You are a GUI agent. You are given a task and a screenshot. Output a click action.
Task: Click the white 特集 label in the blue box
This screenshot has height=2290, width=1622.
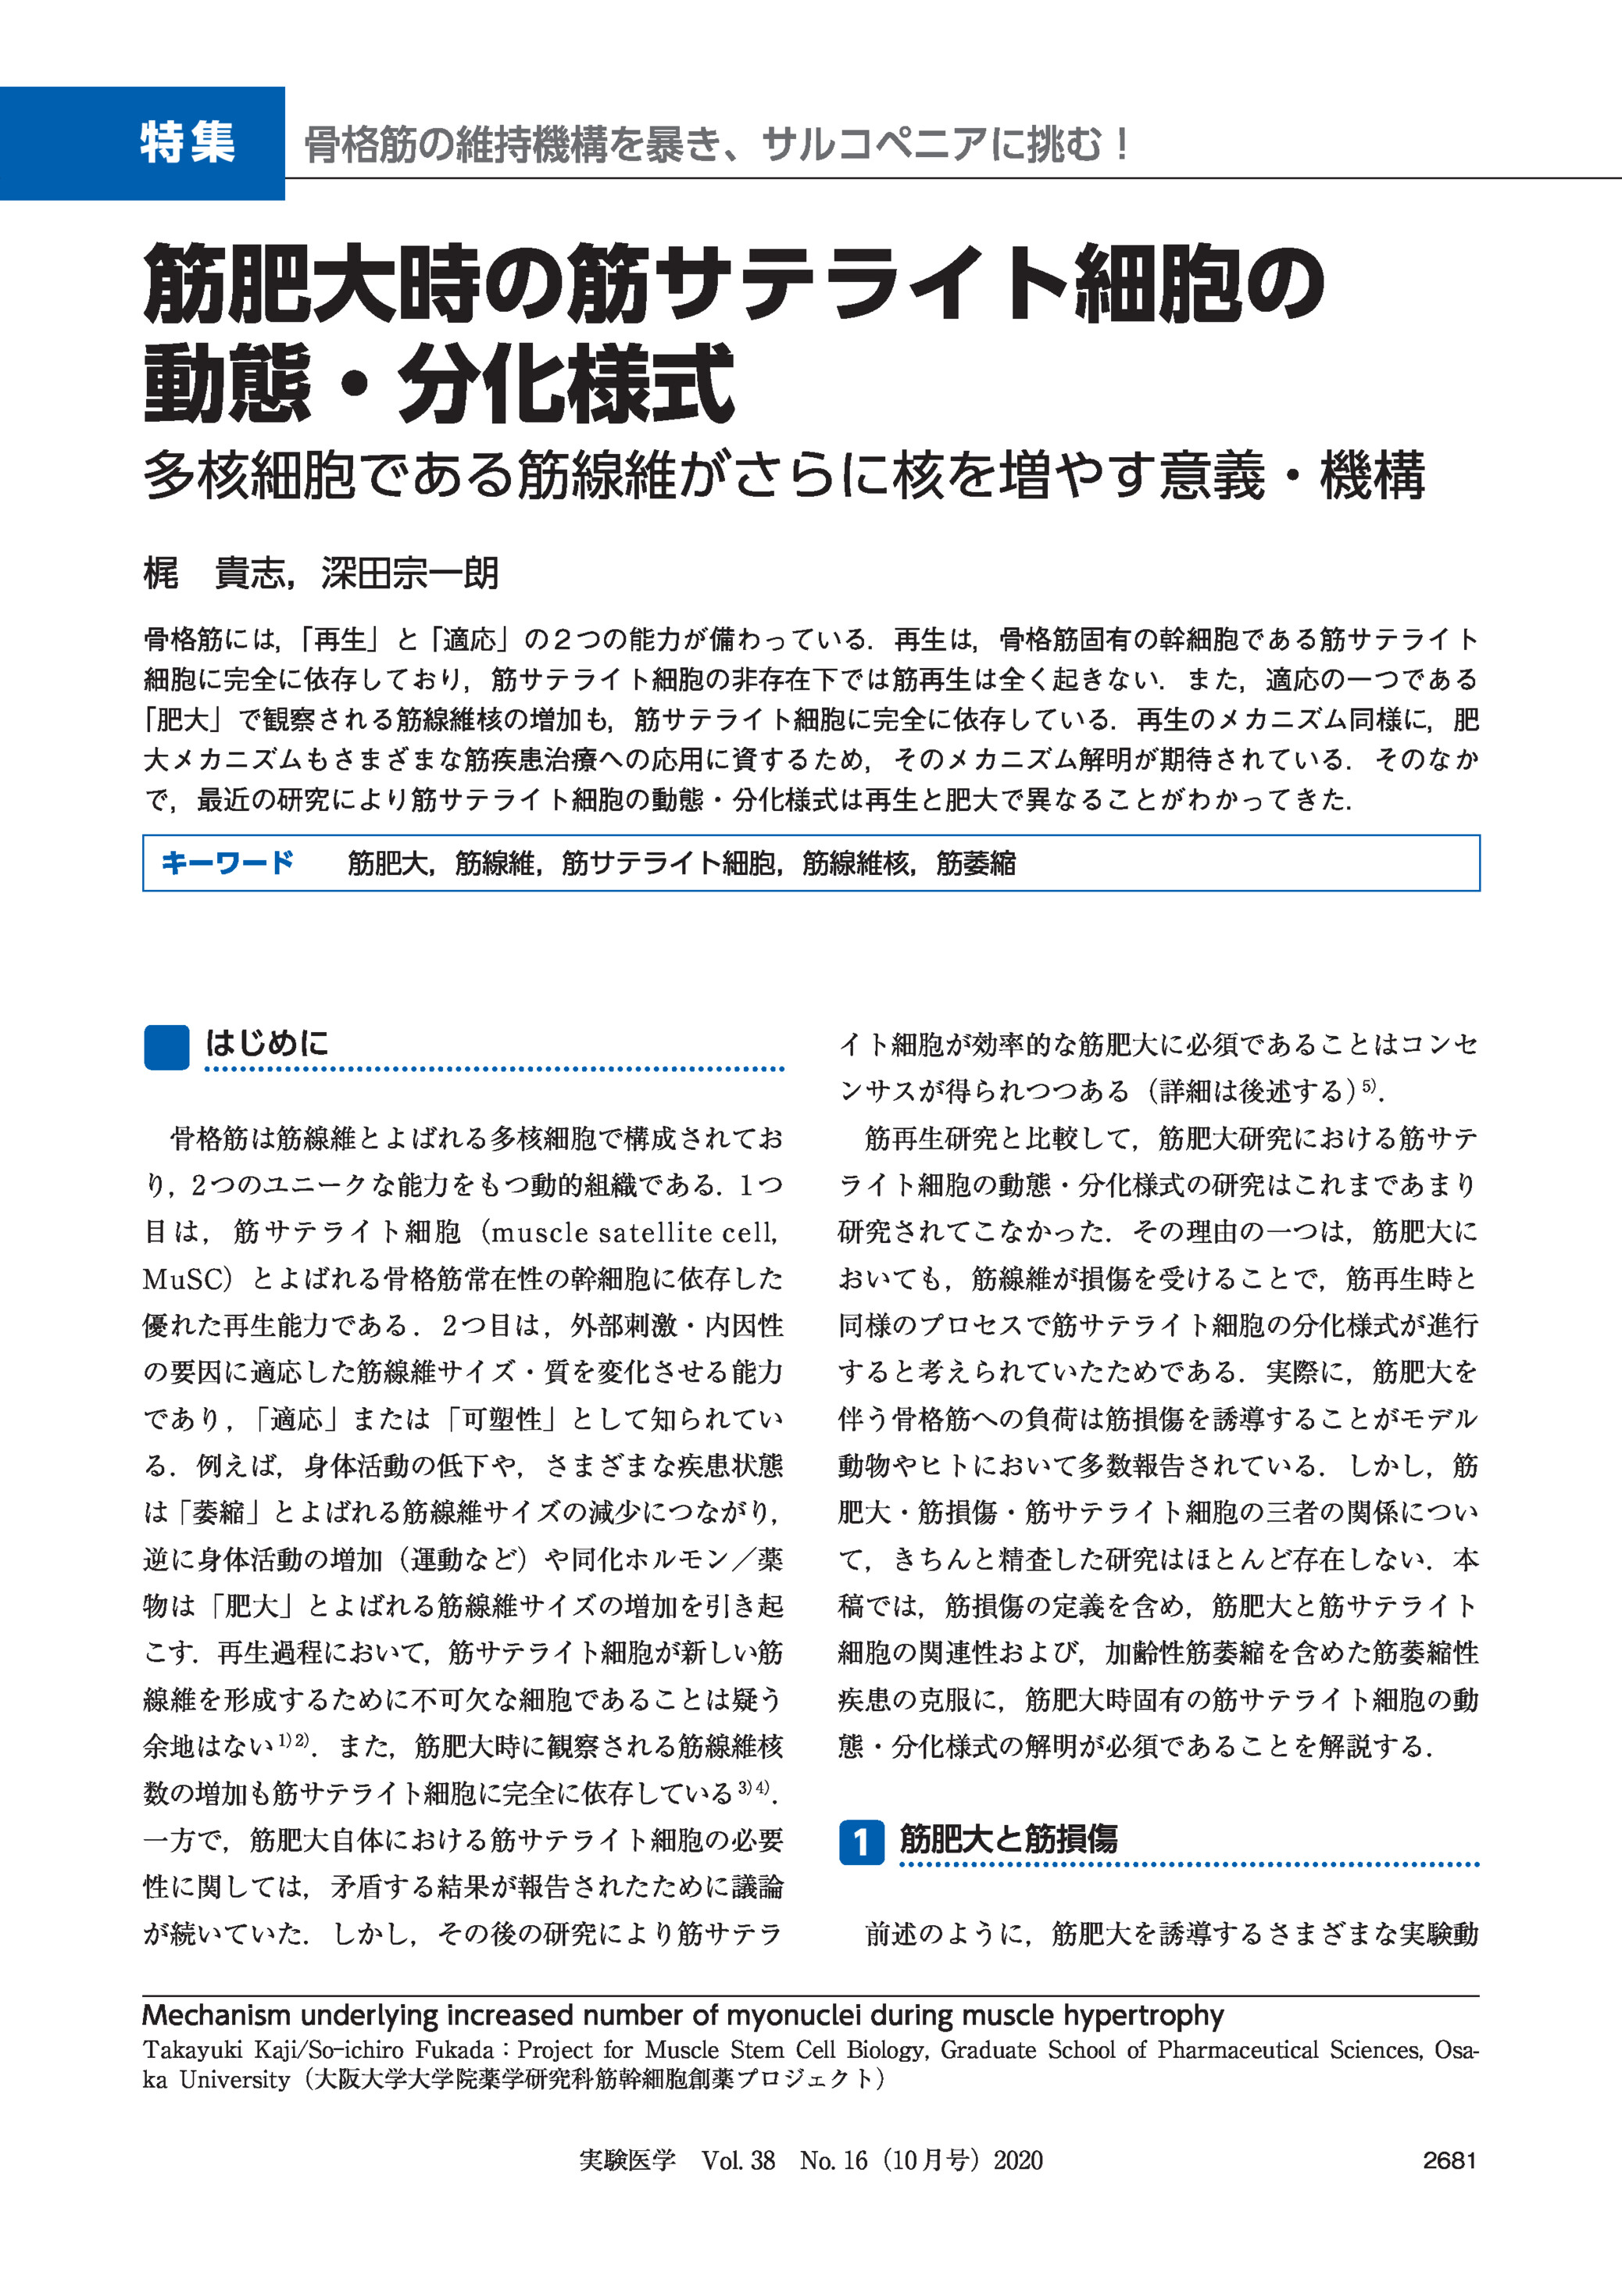tap(188, 143)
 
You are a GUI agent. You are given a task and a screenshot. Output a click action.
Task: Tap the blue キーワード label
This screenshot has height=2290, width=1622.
tap(227, 863)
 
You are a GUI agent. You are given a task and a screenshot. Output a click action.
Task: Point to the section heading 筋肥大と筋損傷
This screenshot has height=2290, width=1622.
tap(1009, 1838)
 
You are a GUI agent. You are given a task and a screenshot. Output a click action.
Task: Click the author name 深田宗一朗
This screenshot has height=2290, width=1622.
tap(409, 573)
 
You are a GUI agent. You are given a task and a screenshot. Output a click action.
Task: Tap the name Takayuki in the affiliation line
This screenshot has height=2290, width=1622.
tap(190, 2050)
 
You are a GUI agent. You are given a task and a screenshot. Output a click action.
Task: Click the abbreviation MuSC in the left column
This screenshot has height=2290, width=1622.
tap(177, 1279)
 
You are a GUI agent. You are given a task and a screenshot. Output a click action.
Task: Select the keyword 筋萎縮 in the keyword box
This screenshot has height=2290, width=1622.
tap(976, 863)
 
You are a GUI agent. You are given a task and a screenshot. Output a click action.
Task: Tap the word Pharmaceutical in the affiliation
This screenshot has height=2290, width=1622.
tap(1238, 2050)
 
